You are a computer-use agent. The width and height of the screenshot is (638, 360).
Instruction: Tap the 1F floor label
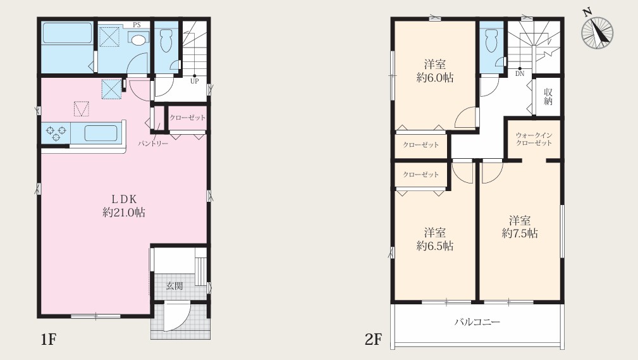[47, 339]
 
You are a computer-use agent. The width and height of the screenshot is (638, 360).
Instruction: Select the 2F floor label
[374, 339]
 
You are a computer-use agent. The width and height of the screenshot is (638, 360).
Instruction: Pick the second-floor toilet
[491, 39]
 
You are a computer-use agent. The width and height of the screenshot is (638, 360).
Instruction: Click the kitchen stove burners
[56, 133]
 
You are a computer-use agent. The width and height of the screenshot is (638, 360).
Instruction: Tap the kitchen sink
[101, 133]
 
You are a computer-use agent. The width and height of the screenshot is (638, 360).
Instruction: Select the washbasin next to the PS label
[138, 39]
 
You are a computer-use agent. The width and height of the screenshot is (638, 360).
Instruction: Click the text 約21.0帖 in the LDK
[124, 212]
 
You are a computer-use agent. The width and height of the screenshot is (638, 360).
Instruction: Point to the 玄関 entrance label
[175, 286]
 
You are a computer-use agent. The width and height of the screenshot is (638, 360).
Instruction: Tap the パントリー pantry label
[153, 144]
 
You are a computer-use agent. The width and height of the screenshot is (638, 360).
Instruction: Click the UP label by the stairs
[195, 81]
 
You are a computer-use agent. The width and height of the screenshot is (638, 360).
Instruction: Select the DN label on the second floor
[520, 74]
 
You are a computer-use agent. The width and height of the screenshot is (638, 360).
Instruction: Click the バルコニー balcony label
[477, 322]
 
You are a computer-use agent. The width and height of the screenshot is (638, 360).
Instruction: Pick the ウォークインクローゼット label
[534, 139]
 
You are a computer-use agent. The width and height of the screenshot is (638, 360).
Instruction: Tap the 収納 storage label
[548, 97]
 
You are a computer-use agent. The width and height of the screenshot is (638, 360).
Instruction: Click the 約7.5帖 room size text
[520, 233]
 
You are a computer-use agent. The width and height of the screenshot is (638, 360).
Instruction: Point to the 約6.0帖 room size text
[435, 77]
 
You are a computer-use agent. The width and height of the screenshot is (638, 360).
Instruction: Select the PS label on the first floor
[137, 25]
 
